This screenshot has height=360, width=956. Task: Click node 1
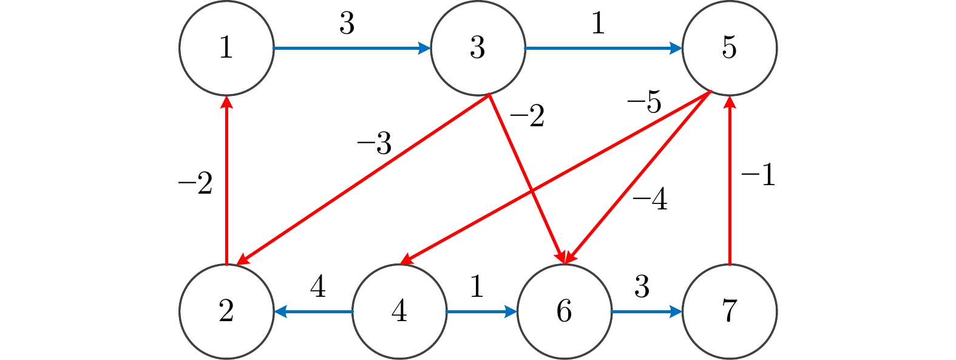click(x=226, y=48)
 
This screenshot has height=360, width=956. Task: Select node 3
click(x=478, y=48)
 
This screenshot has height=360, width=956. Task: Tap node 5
click(x=729, y=48)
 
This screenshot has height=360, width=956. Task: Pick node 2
click(x=226, y=311)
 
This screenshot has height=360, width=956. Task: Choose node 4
click(x=399, y=311)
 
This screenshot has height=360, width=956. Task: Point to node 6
click(x=564, y=311)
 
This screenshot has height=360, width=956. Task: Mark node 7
click(x=729, y=311)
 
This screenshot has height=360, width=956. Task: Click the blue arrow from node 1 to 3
click(x=352, y=48)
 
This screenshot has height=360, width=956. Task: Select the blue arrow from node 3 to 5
click(x=603, y=48)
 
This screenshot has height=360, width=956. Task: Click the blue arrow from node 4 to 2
click(x=313, y=312)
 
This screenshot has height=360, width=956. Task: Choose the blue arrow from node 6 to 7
click(x=646, y=312)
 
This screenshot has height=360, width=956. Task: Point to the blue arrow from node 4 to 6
click(x=481, y=312)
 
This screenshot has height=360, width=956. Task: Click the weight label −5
click(x=644, y=103)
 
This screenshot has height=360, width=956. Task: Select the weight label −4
click(x=649, y=199)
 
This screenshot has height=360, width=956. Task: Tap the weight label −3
click(x=374, y=144)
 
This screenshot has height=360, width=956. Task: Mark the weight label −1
click(x=758, y=175)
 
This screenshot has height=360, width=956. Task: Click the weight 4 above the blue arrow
click(x=317, y=287)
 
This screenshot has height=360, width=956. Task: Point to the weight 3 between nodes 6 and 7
click(x=642, y=287)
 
